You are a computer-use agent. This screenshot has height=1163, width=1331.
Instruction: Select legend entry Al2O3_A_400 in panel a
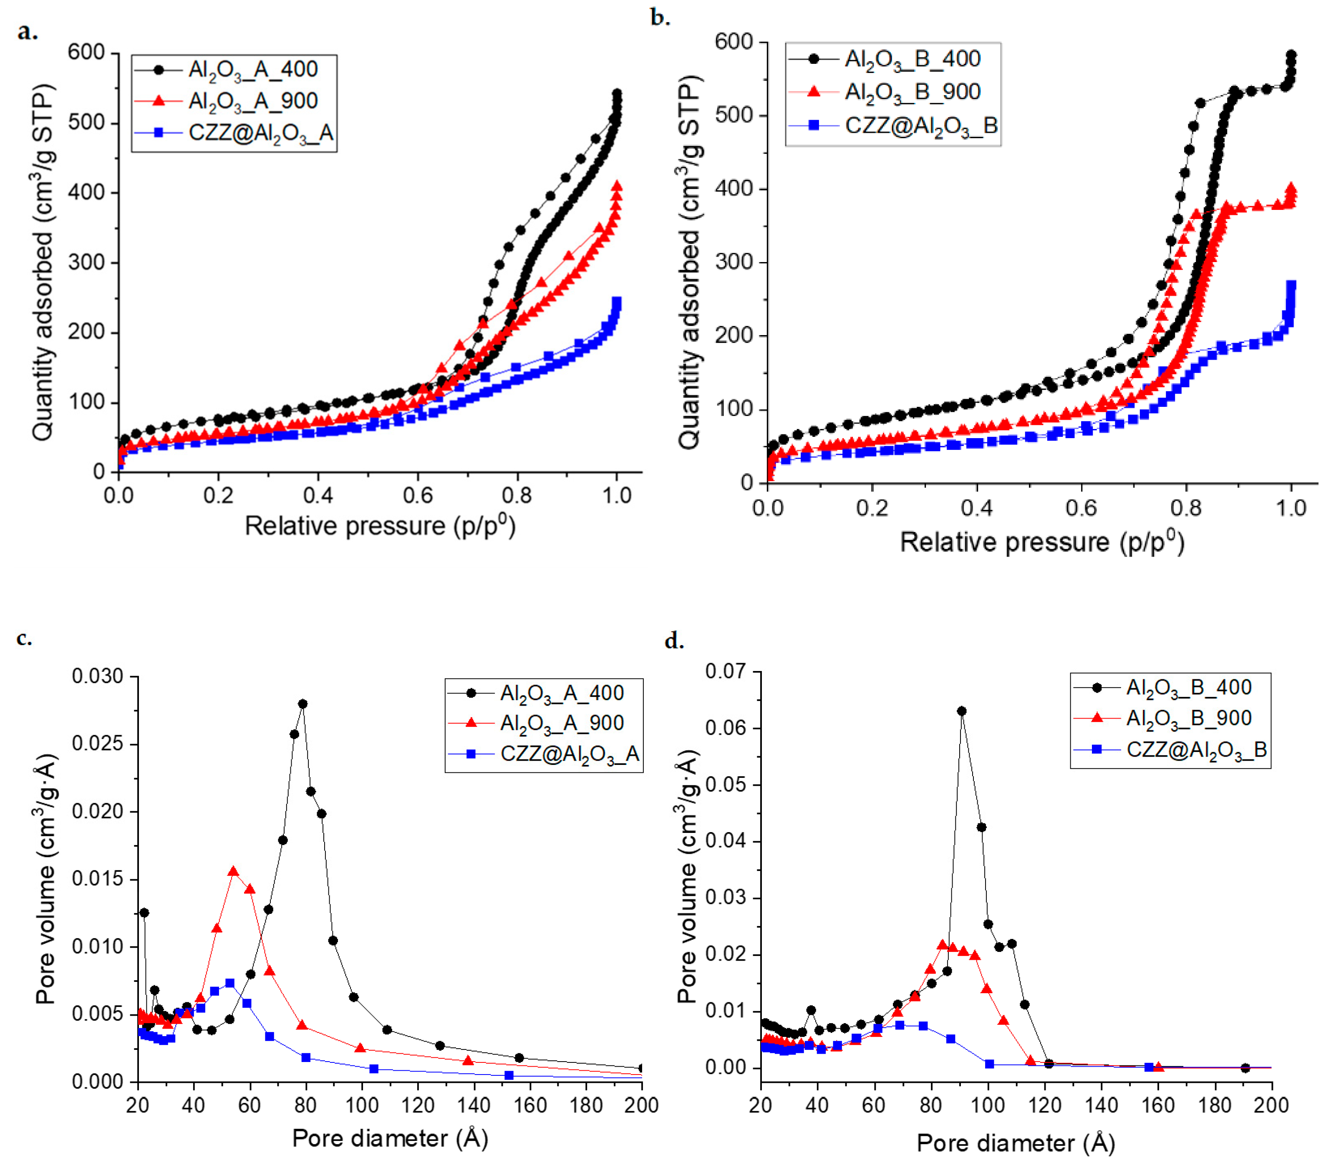click(253, 69)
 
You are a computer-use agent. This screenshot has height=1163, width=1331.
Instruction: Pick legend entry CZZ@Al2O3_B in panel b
click(920, 125)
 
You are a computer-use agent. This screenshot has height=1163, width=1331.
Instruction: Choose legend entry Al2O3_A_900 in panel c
click(561, 723)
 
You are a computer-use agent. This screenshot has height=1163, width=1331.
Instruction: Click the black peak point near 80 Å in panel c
click(302, 704)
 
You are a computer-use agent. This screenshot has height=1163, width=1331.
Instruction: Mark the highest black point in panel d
click(962, 711)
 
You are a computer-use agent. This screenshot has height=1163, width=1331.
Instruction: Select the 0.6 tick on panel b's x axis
click(1081, 507)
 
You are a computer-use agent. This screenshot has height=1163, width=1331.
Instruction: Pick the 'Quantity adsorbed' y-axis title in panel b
click(689, 263)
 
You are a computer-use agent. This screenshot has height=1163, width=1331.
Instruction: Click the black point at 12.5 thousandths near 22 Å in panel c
click(144, 913)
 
